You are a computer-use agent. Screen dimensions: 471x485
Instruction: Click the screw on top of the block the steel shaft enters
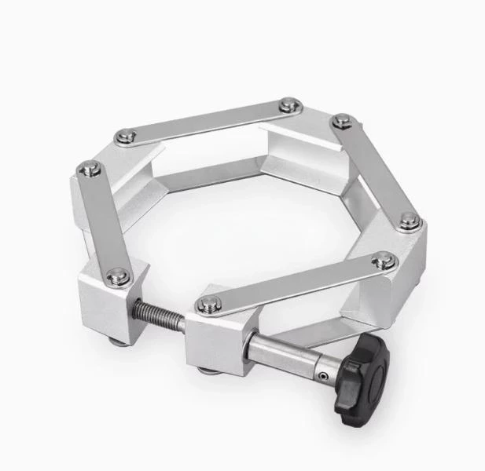[x=208, y=305]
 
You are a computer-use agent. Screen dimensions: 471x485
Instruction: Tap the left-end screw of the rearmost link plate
[x=124, y=137]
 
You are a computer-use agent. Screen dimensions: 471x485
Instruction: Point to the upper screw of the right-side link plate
[x=340, y=121]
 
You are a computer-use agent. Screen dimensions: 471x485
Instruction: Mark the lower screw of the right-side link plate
[x=409, y=222]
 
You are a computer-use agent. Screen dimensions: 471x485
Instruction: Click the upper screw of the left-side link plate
[x=90, y=167]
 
